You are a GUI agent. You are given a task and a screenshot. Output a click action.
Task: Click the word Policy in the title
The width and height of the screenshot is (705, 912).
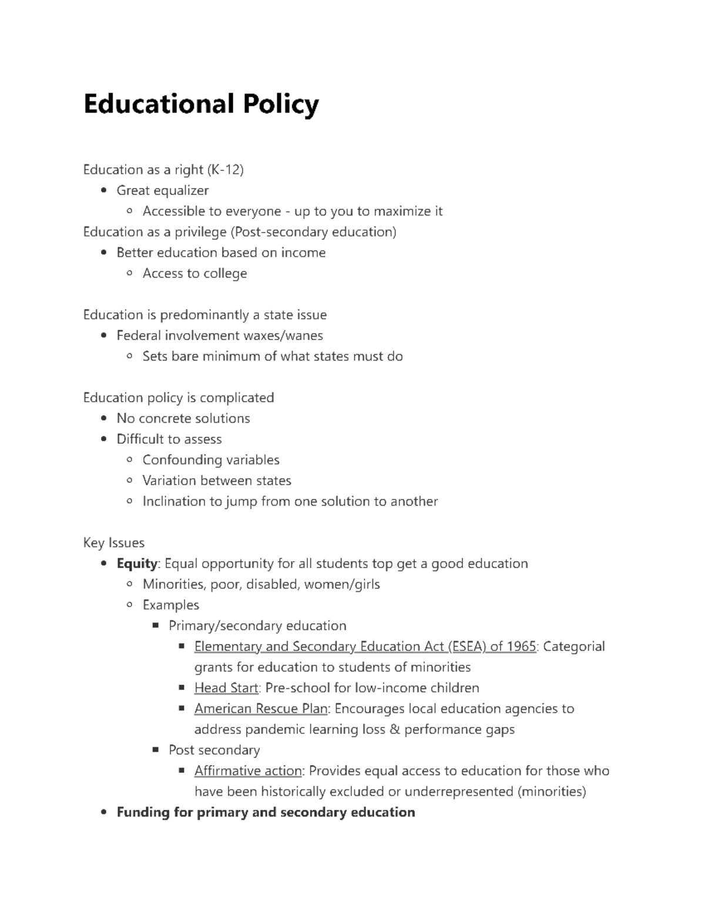click(273, 105)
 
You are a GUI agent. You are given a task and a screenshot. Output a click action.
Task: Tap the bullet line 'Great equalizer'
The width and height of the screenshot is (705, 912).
click(163, 190)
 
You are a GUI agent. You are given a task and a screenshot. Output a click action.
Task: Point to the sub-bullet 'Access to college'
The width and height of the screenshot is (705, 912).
click(194, 274)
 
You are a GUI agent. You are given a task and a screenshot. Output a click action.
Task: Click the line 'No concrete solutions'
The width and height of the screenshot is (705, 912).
click(183, 418)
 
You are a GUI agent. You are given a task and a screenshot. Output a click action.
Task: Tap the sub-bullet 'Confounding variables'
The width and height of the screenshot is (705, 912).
click(211, 460)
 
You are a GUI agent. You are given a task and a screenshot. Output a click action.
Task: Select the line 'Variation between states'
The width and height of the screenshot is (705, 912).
click(217, 480)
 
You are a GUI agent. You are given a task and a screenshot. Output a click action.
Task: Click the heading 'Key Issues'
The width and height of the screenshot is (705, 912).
click(114, 543)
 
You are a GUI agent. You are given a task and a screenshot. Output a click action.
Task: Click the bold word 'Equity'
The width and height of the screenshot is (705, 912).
click(137, 564)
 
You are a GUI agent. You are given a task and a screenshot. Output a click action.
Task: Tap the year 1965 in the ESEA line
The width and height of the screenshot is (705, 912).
click(521, 647)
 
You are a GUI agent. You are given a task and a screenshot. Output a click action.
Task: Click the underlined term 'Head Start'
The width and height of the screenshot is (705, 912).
click(226, 688)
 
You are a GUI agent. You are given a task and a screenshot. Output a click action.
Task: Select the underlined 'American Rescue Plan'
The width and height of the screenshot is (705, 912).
click(261, 709)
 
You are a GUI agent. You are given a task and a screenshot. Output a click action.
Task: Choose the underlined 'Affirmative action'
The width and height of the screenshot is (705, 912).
click(248, 771)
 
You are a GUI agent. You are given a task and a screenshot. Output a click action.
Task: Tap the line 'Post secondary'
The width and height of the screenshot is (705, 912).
click(214, 750)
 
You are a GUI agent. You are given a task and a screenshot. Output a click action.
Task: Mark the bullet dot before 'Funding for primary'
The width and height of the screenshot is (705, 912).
click(104, 813)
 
